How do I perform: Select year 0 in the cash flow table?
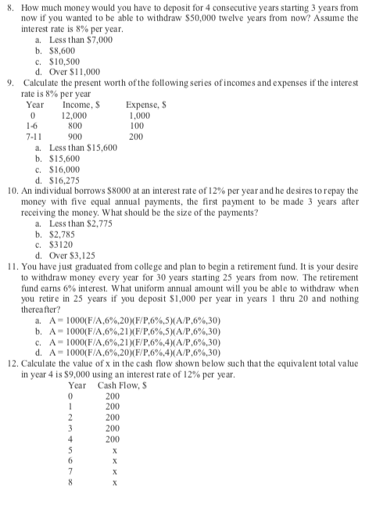tap(74, 396)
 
